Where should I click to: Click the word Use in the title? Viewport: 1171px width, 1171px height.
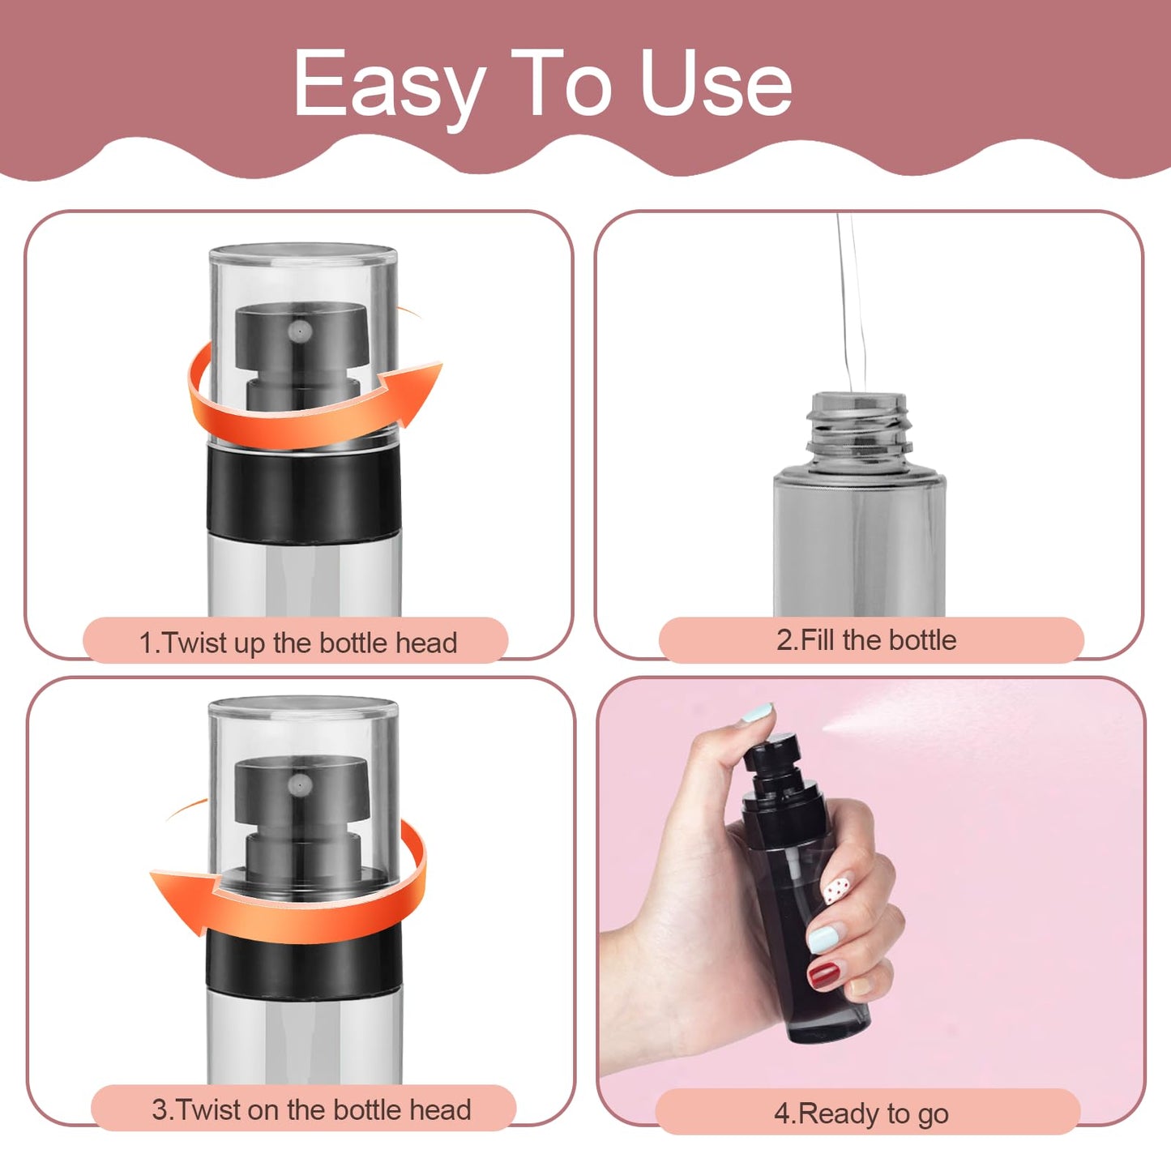715,83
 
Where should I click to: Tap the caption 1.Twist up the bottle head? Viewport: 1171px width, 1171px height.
297,643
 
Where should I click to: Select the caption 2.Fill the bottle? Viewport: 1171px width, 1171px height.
866,640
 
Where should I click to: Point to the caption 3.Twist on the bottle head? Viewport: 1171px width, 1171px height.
311,1109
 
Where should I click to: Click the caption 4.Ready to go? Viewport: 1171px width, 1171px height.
861,1113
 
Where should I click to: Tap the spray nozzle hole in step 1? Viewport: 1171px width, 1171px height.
301,331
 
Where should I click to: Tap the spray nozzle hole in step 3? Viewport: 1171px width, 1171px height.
301,784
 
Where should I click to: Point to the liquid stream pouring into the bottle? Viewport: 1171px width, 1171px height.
848,308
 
